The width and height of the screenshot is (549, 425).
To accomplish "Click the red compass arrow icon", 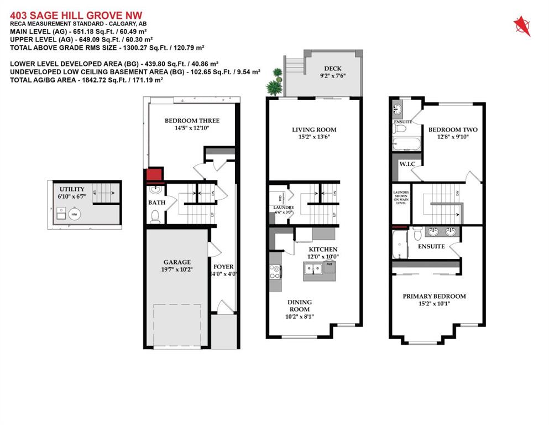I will (521, 25).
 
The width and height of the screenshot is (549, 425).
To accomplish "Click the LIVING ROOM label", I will (314, 130).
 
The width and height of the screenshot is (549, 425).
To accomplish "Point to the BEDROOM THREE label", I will (191, 121).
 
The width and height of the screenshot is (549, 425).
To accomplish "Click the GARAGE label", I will (177, 262).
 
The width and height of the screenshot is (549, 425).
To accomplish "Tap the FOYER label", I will (223, 267).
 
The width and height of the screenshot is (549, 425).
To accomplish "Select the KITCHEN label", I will (323, 250).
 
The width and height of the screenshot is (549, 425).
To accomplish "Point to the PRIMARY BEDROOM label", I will (433, 296).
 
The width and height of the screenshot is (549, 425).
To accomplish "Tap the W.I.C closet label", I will (400, 164).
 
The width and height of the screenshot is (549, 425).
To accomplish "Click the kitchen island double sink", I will (313, 269).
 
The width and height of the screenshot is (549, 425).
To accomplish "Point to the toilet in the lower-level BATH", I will (155, 217).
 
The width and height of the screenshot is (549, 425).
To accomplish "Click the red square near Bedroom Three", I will (153, 175).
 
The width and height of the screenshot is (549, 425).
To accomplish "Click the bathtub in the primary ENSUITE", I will (399, 245).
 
